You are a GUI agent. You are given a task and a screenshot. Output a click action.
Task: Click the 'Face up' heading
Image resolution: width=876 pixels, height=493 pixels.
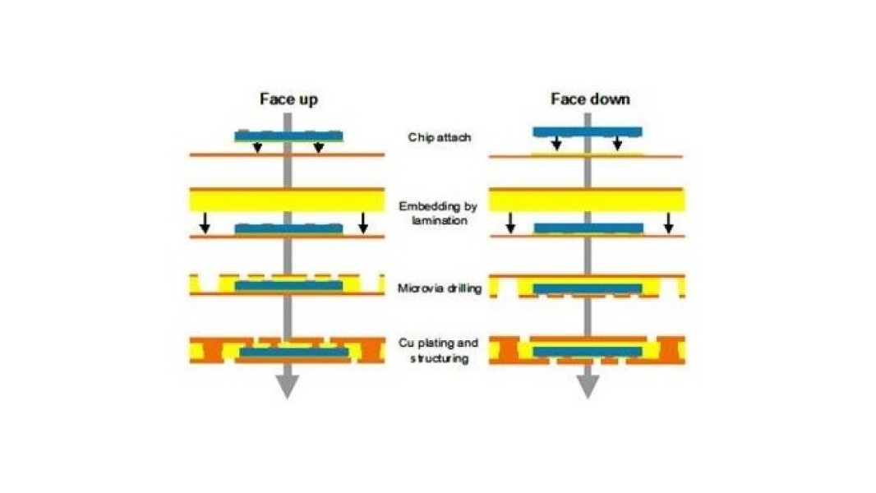pyautogui.click(x=288, y=99)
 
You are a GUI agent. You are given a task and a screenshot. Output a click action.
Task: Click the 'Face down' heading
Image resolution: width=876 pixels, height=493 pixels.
pyautogui.click(x=590, y=99)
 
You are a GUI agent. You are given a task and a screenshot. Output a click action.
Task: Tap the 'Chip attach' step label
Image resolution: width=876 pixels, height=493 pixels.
pyautogui.click(x=439, y=137)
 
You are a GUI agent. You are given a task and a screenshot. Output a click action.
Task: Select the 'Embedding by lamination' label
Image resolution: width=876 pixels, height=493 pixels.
pyautogui.click(x=439, y=214)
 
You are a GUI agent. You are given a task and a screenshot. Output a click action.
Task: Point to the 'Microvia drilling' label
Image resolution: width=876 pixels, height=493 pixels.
pyautogui.click(x=440, y=288)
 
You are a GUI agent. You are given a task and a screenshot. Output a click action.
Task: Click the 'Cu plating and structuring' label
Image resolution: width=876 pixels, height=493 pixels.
pyautogui.click(x=439, y=350)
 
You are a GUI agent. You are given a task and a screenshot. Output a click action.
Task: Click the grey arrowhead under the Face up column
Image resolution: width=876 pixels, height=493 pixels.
pyautogui.click(x=287, y=386)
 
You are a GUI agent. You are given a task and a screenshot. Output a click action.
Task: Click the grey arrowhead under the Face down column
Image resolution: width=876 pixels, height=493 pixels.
pyautogui.click(x=588, y=386)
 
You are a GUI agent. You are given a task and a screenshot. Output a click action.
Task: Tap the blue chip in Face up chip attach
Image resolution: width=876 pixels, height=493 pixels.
pyautogui.click(x=288, y=136)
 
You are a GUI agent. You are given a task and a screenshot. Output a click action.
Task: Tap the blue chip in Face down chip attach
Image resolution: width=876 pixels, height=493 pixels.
pyautogui.click(x=588, y=131)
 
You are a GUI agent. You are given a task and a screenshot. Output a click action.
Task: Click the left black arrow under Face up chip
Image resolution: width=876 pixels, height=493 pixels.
pyautogui.click(x=257, y=147)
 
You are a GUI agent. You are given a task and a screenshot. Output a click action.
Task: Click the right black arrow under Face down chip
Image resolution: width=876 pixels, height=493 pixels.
pyautogui.click(x=617, y=144)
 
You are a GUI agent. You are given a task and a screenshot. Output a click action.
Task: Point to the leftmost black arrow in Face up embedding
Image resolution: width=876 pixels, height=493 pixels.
pyautogui.click(x=205, y=223)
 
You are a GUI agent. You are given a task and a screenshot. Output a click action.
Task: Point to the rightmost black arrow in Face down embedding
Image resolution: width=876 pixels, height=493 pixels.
pyautogui.click(x=668, y=223)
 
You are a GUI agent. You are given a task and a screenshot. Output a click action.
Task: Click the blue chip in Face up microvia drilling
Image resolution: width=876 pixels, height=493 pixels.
pyautogui.click(x=288, y=286)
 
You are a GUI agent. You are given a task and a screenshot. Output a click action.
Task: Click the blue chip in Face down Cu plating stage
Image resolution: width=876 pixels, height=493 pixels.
pyautogui.click(x=588, y=352)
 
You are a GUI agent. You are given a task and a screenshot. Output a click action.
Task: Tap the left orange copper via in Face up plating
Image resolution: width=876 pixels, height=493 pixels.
pyautogui.click(x=212, y=351)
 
